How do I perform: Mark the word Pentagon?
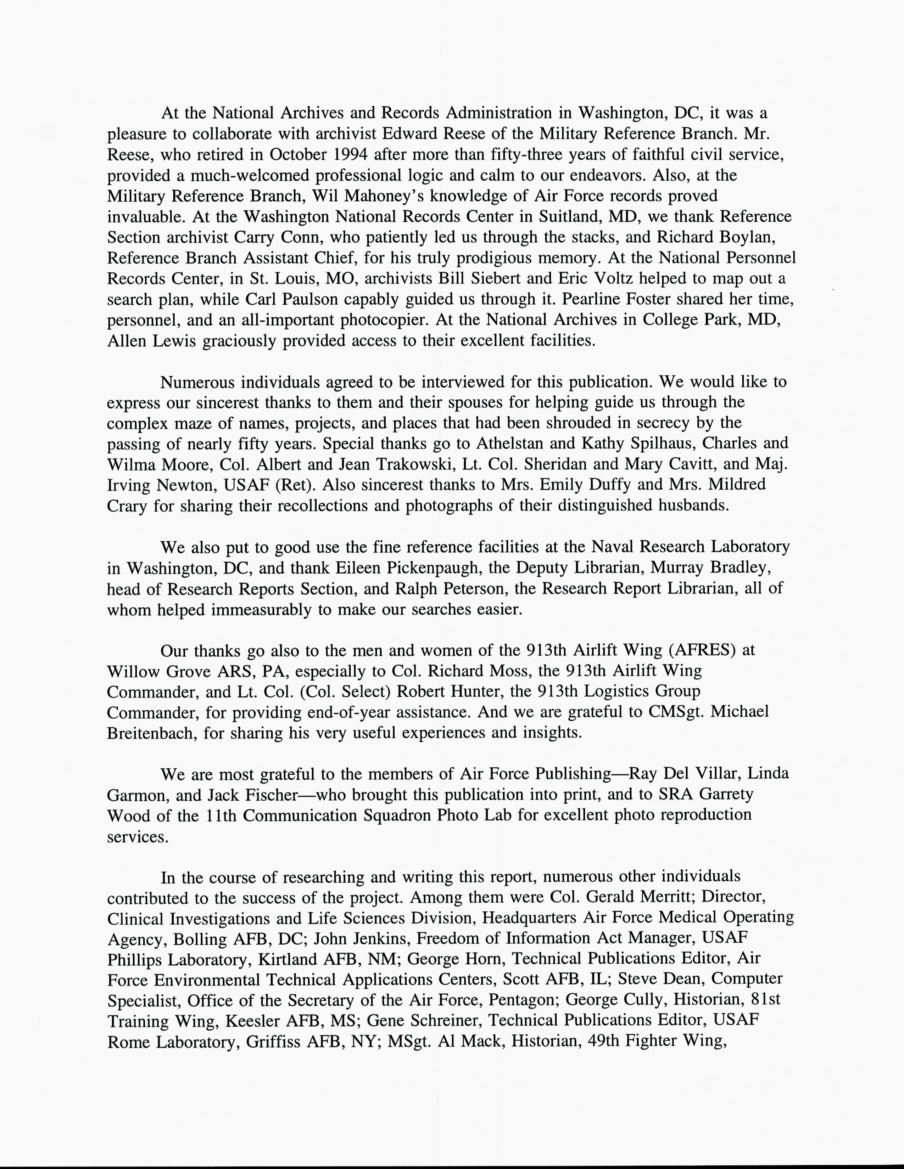coord(520,1000)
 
